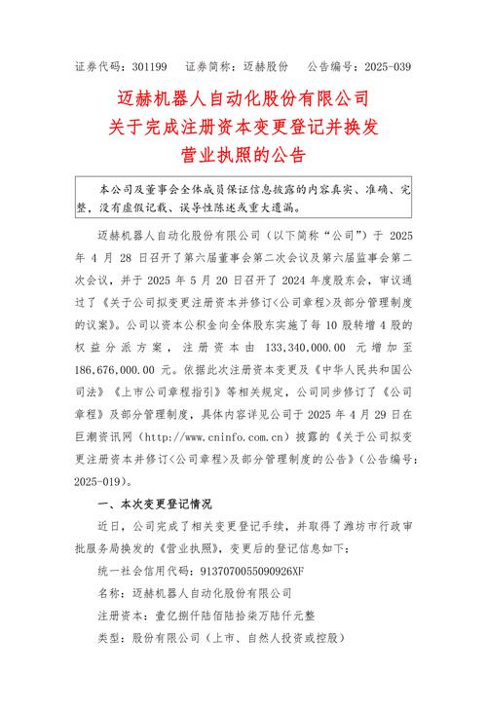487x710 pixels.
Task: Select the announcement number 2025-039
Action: (x=389, y=66)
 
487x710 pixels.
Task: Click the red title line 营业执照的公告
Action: (x=243, y=155)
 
